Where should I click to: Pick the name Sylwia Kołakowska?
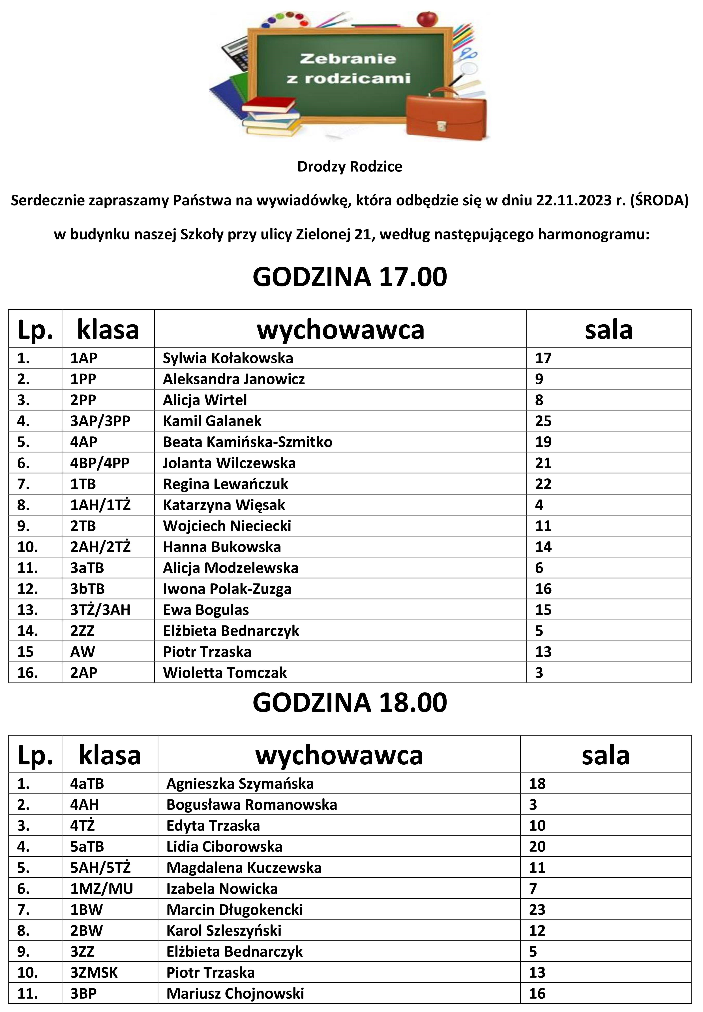pyautogui.click(x=228, y=358)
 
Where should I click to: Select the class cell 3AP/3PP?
pyautogui.click(x=100, y=421)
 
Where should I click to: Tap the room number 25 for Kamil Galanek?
pyautogui.click(x=543, y=421)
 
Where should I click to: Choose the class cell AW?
pyautogui.click(x=82, y=652)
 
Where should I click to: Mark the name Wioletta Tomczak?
pyautogui.click(x=225, y=673)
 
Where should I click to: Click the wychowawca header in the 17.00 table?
pyautogui.click(x=340, y=329)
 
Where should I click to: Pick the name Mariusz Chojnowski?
pyautogui.click(x=235, y=994)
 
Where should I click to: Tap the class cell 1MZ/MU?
pyautogui.click(x=101, y=889)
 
